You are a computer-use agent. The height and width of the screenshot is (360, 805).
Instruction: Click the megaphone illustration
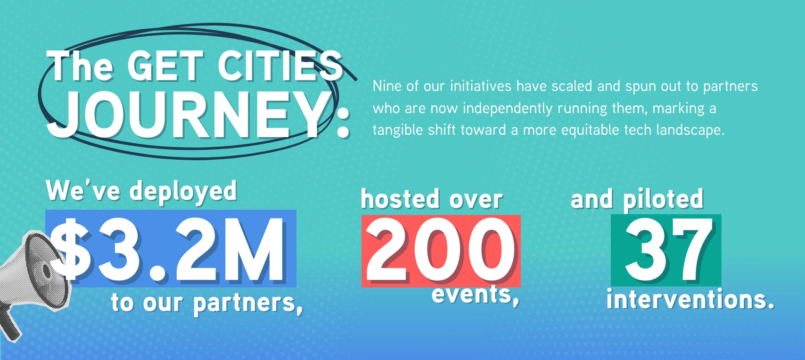tap(34, 280)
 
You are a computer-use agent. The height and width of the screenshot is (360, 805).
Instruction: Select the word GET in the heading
tap(166, 66)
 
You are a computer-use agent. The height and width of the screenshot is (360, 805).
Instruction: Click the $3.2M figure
tap(168, 250)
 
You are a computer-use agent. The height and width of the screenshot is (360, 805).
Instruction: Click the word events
tap(471, 294)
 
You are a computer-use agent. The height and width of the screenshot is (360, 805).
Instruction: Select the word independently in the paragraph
tap(508, 109)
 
